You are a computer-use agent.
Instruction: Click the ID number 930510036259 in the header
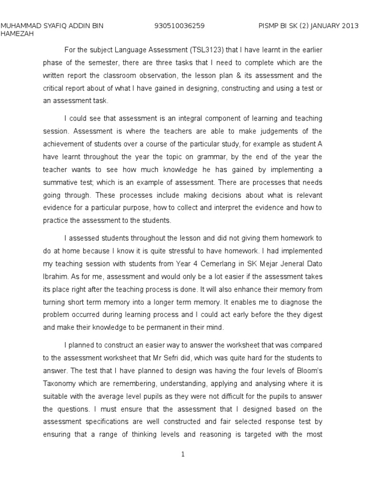pyautogui.click(x=180, y=26)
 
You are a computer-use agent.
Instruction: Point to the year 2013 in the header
pyautogui.click(x=350, y=26)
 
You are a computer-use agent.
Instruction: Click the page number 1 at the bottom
pyautogui.click(x=183, y=455)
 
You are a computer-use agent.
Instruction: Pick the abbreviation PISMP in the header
pyautogui.click(x=270, y=26)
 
